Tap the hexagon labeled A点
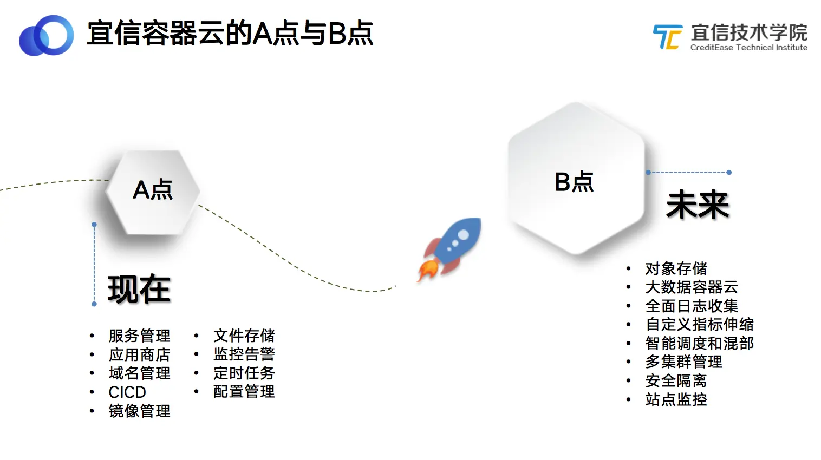coord(153,192)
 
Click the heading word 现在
coord(139,290)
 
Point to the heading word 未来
coord(698,205)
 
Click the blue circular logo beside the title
coord(47,35)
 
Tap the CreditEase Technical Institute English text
coord(748,48)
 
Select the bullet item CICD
coord(127,392)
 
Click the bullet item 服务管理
coord(139,336)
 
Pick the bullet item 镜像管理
coord(139,411)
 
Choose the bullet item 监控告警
coord(244,354)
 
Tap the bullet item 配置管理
coord(244,391)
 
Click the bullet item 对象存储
coord(676,268)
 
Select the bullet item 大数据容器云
coord(692,287)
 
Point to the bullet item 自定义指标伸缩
coord(699,324)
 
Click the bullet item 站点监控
coord(676,399)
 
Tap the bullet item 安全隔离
coord(676,380)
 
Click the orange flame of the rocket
coord(427,270)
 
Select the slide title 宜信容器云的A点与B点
coord(230,34)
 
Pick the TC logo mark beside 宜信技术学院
coord(667,37)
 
